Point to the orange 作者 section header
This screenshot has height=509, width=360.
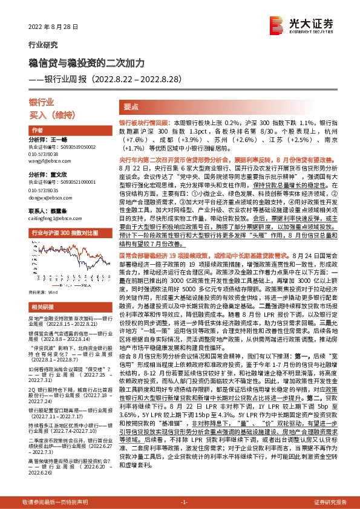click(x=38, y=131)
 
